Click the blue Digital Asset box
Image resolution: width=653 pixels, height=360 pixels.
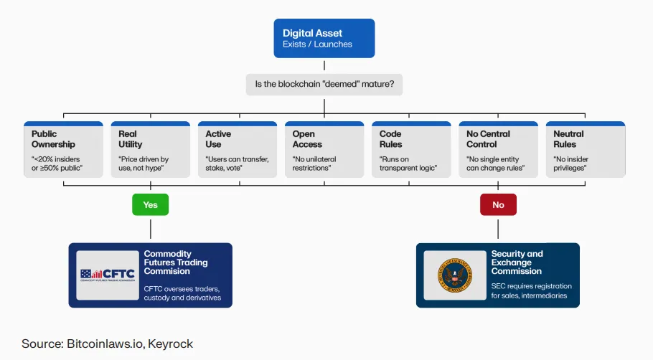324,38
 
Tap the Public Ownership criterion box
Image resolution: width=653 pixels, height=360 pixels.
62,149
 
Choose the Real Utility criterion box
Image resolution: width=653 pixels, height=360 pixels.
149,149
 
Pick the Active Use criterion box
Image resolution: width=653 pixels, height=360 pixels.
238,149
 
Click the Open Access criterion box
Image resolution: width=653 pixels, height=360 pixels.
324,149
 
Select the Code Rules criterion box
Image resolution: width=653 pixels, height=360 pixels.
411,149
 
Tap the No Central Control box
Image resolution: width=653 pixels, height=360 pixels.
498,149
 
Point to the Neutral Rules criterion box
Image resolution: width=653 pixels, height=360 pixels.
585,149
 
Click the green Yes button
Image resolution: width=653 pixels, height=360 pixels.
150,204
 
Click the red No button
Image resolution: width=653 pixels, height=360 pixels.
498,204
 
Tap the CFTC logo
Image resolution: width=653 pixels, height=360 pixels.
106,275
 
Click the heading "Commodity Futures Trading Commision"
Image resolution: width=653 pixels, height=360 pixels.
177,262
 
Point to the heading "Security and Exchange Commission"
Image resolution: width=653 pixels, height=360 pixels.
517,262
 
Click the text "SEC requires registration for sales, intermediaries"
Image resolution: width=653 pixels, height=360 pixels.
531,291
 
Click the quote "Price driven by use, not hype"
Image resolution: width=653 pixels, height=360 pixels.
144,164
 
